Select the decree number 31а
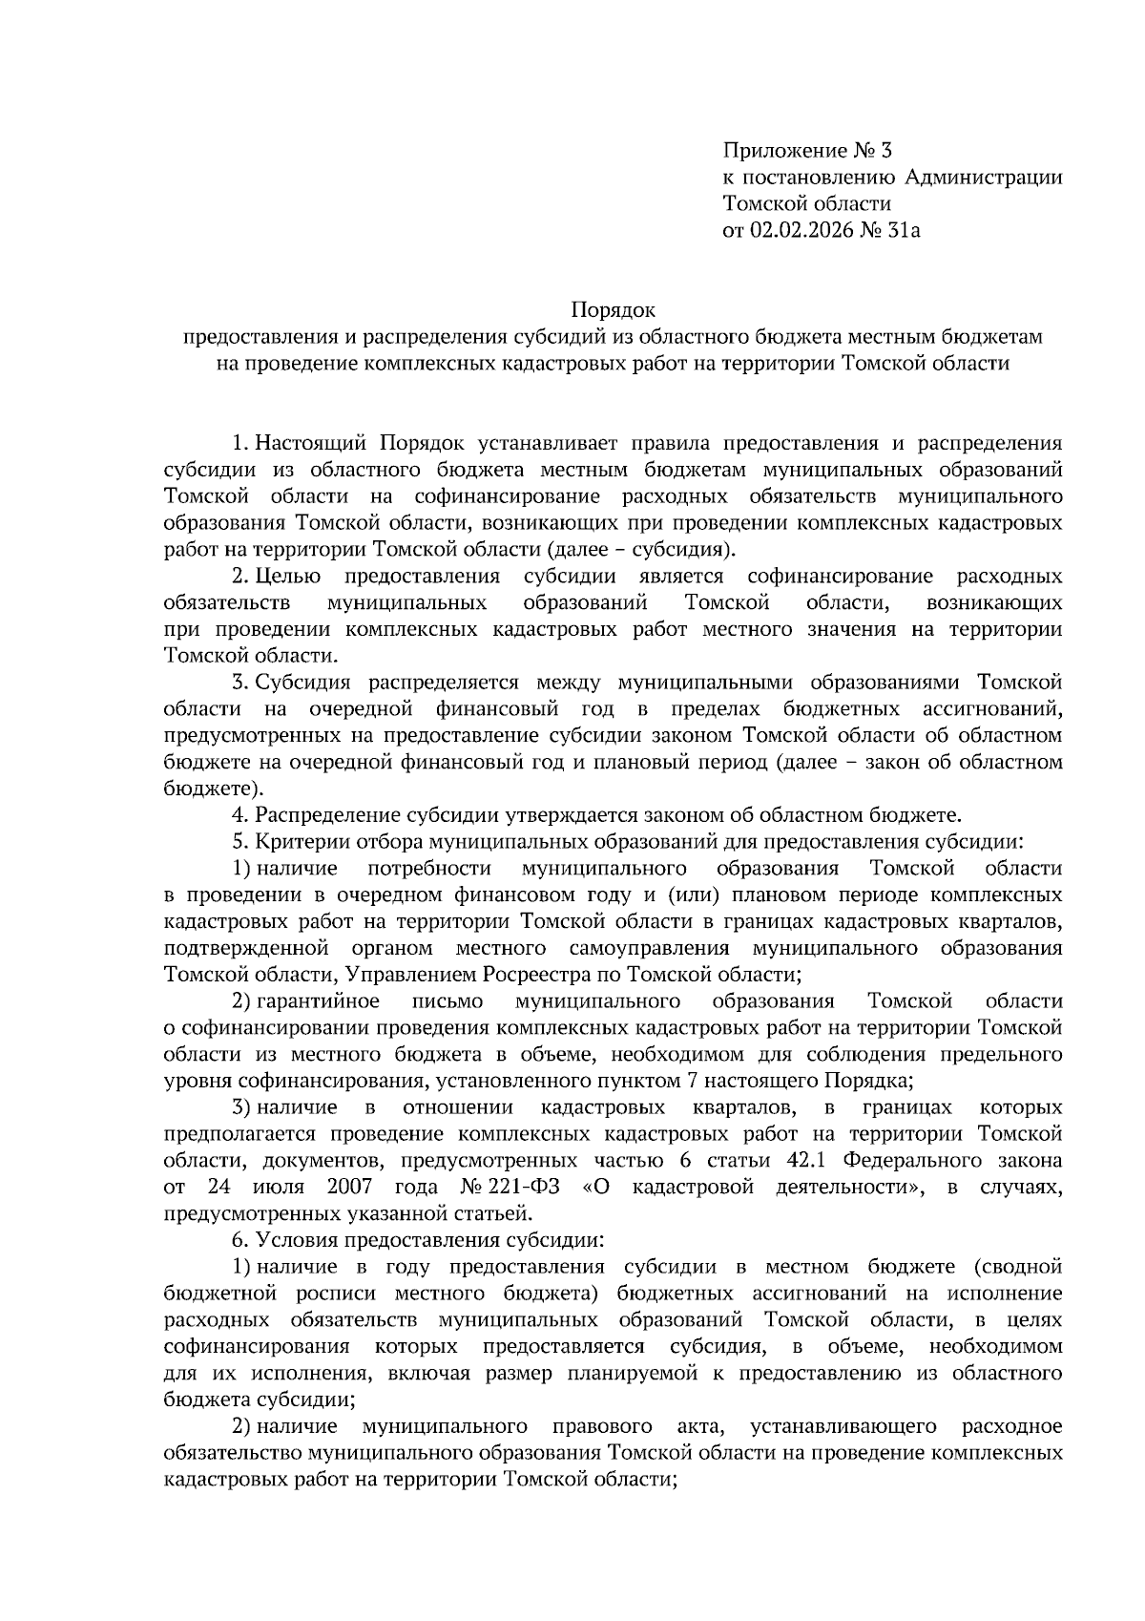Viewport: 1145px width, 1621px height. [x=903, y=229]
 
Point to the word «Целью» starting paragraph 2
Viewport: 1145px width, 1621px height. [x=288, y=577]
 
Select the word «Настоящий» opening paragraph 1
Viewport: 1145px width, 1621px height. [x=311, y=444]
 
